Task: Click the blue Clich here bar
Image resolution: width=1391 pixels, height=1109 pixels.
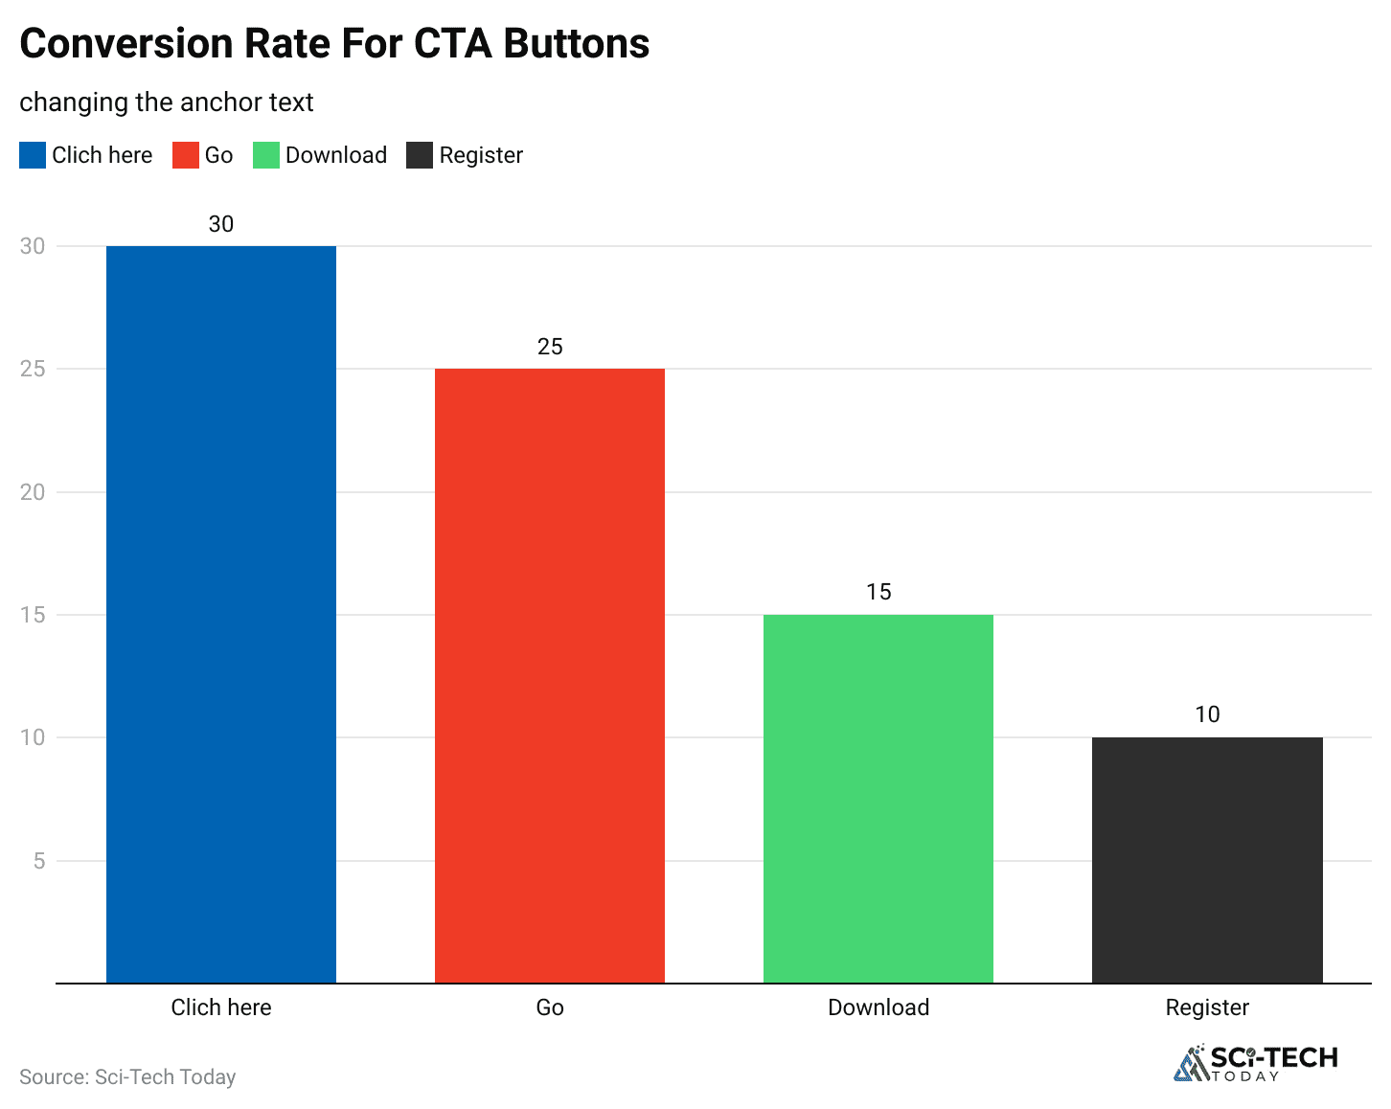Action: (221, 614)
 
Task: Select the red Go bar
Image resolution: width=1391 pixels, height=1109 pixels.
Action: (550, 675)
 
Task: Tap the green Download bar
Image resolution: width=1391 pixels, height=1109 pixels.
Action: (878, 798)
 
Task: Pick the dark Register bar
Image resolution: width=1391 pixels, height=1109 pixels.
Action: (1207, 859)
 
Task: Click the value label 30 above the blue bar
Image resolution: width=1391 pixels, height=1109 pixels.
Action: (221, 224)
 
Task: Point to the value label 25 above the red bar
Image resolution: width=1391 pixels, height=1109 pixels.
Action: (550, 347)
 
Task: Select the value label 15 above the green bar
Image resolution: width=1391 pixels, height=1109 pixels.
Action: (878, 592)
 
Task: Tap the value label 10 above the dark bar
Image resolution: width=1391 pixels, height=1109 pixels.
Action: (1207, 714)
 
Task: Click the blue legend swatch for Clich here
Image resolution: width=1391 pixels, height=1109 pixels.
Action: (33, 155)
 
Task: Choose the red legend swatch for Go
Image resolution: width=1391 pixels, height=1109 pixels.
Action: (185, 155)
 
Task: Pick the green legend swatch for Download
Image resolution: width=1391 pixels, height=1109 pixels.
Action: (265, 155)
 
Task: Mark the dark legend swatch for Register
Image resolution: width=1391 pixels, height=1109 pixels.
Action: (420, 155)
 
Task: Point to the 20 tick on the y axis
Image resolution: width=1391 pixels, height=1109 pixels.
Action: (33, 492)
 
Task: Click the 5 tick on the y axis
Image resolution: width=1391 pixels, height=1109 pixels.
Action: (39, 861)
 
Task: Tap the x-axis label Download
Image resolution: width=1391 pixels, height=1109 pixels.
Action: (878, 1007)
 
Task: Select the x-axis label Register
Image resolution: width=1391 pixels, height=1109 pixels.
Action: (1207, 1007)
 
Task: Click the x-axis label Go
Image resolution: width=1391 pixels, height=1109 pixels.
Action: (550, 1007)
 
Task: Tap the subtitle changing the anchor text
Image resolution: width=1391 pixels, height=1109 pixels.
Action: (167, 102)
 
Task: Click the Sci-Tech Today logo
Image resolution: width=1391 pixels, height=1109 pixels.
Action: (1256, 1063)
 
